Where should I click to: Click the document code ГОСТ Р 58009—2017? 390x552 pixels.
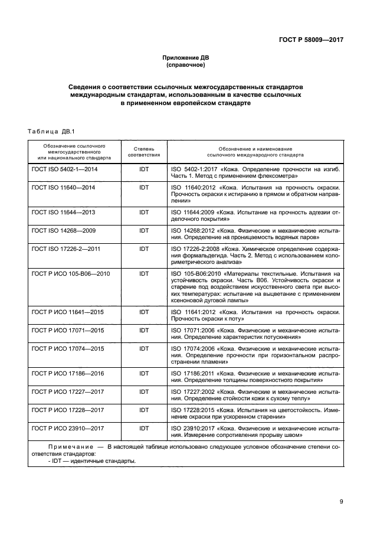point(311,40)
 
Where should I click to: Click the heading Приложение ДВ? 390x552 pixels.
point(186,58)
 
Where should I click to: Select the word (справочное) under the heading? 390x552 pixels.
point(186,66)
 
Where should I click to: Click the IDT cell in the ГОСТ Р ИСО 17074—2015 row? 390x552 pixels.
point(144,349)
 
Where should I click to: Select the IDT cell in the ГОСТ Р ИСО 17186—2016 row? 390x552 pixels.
point(144,374)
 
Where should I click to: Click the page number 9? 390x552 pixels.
point(341,502)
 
